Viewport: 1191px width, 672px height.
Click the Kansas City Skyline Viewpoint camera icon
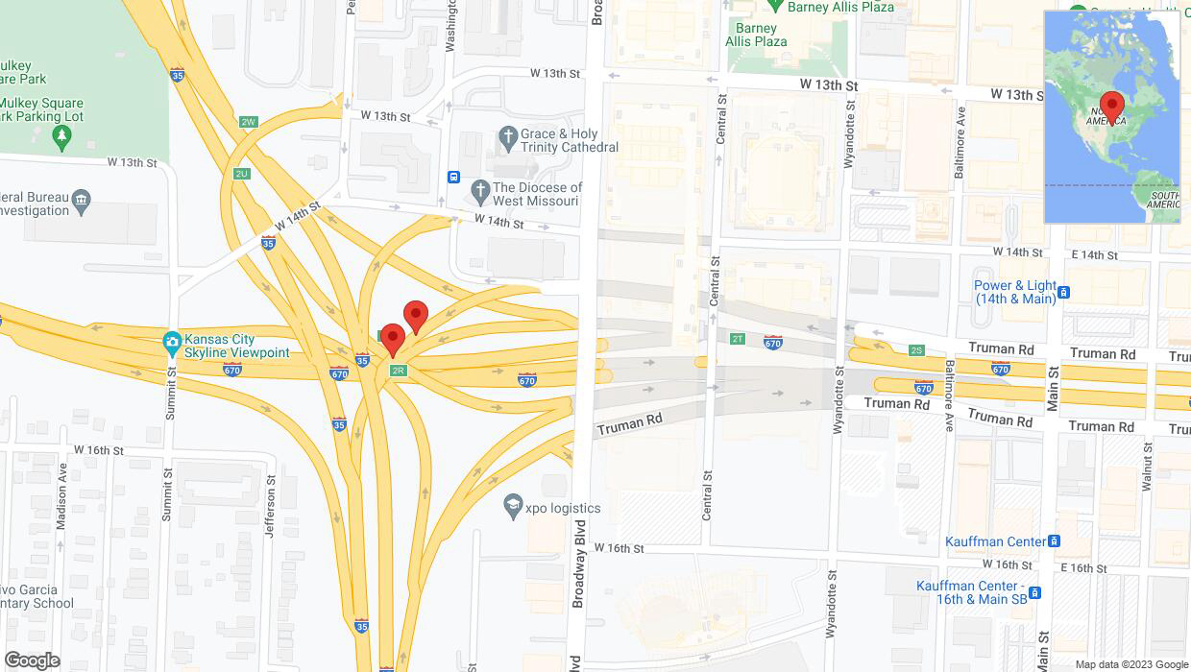click(172, 341)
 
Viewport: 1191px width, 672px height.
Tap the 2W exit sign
click(249, 122)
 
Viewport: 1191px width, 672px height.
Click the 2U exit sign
click(241, 174)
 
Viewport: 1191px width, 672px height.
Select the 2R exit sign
click(398, 371)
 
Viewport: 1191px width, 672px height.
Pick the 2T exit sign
click(738, 338)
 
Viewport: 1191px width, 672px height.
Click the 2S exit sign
click(916, 350)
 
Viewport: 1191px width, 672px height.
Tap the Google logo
click(32, 660)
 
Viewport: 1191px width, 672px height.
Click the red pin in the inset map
click(1112, 106)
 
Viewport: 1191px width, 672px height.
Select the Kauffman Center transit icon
click(1055, 541)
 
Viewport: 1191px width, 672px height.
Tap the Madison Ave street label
click(62, 498)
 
